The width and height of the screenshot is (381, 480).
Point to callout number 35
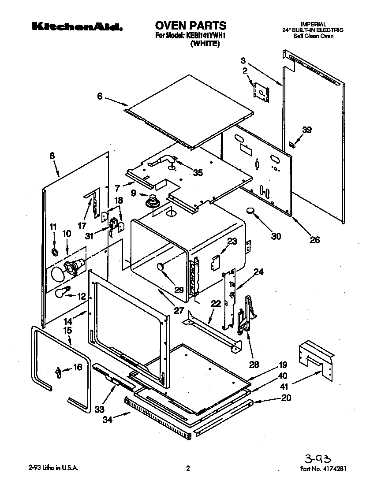(x=198, y=173)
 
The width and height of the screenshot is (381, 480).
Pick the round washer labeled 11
(x=55, y=252)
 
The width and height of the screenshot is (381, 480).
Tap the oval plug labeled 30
(x=252, y=211)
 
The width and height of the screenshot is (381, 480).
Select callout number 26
(x=314, y=240)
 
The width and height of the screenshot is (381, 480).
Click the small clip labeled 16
(x=58, y=372)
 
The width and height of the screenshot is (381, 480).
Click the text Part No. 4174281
(x=326, y=469)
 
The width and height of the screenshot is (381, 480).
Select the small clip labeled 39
(x=291, y=145)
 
